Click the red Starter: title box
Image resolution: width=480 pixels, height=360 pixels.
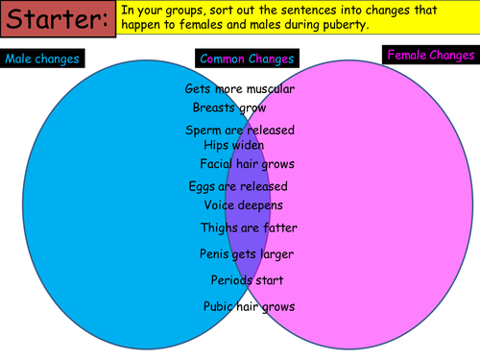point(58,19)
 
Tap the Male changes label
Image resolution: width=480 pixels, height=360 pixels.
point(42,59)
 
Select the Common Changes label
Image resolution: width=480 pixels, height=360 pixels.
point(247,59)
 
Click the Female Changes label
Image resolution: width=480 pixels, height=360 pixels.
point(431,55)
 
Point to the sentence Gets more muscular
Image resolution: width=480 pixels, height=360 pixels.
point(240,88)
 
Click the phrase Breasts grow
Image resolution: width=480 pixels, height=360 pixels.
point(229,108)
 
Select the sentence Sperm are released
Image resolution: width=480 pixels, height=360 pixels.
point(240,131)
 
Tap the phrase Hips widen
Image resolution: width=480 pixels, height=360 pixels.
point(234,145)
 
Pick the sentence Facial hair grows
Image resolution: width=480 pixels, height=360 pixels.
point(247,164)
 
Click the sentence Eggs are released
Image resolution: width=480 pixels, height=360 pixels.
point(238,186)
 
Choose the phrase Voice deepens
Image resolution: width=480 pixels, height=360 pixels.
point(244,205)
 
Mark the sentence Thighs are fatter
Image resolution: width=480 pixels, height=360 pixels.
point(249,228)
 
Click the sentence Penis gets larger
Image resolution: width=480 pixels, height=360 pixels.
point(247,254)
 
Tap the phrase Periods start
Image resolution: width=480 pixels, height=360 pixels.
point(247,280)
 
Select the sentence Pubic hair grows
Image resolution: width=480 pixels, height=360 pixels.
point(250,306)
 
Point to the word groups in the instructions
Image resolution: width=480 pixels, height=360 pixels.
point(184,11)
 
